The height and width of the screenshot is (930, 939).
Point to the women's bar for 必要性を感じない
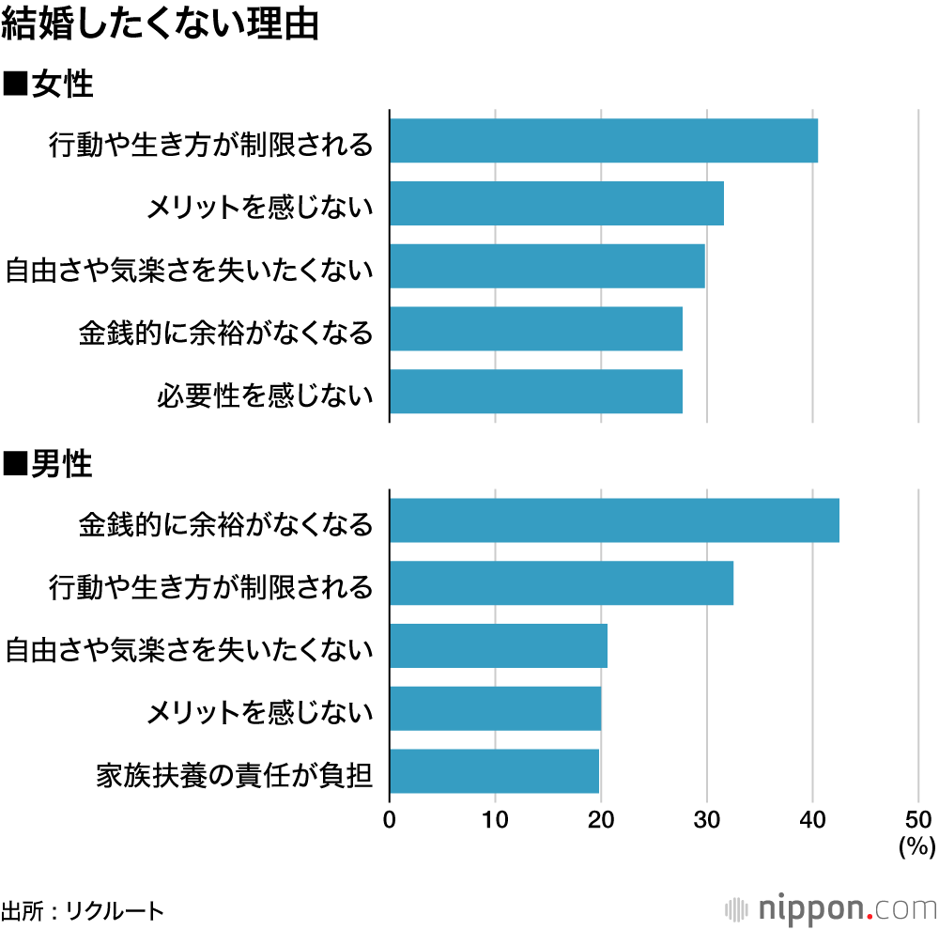coord(535,392)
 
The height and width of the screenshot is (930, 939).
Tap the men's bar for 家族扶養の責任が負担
coord(494,771)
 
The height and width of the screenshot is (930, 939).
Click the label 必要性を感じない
coord(265,395)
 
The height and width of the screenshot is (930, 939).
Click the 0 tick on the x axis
coord(390,818)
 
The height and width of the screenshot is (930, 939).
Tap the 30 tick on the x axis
coord(707,818)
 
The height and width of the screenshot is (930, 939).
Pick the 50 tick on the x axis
coord(917,818)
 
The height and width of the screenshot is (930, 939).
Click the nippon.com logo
coord(831,908)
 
